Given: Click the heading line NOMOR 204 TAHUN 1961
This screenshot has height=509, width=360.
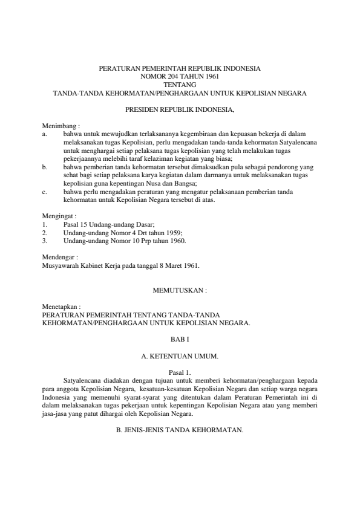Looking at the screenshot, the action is tap(180, 77).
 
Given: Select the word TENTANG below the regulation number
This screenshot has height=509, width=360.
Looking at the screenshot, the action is tap(180, 85).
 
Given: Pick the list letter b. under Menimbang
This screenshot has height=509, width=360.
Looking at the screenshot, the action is tap(45, 164).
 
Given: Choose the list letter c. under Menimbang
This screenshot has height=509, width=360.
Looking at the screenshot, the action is tap(45, 192).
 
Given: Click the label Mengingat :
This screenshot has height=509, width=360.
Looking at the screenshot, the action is tap(58, 215).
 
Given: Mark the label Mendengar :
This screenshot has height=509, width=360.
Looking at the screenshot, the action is tap(59, 256).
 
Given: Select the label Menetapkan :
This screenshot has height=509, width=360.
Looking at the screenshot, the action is tap(61, 307).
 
